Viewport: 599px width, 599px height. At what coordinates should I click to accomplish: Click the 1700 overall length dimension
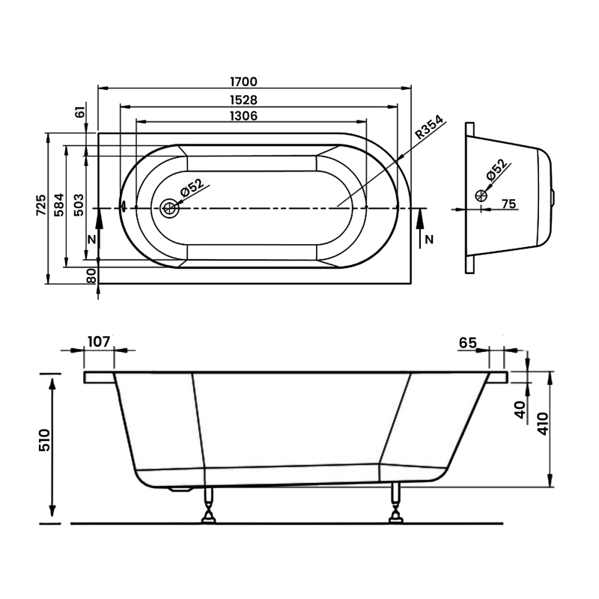244,82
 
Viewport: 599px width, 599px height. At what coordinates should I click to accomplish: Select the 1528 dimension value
244,100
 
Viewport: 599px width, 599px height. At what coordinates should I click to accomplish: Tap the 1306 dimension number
244,115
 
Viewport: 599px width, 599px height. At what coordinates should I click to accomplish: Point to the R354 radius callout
429,127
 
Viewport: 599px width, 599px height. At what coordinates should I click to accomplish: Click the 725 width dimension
41,204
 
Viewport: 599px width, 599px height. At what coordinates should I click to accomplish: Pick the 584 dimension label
59,204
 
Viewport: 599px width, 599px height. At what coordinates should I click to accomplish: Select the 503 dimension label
79,204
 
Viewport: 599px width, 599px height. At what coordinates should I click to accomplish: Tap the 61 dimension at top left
81,112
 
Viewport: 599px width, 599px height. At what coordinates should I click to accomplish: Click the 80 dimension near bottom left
91,276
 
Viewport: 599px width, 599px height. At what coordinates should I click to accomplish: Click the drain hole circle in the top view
168,208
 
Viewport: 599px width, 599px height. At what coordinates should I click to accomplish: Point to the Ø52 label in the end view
498,169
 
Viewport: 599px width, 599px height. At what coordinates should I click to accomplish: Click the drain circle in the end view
481,195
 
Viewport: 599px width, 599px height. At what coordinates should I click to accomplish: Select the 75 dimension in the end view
508,204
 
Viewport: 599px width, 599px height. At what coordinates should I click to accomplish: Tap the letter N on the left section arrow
91,240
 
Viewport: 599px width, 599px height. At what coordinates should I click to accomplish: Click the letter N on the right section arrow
429,240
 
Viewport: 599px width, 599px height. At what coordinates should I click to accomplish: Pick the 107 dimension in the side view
99,341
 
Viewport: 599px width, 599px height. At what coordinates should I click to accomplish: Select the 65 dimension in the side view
468,343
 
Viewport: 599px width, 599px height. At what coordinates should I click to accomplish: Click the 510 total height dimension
44,440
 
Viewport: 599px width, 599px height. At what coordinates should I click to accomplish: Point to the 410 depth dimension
543,424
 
